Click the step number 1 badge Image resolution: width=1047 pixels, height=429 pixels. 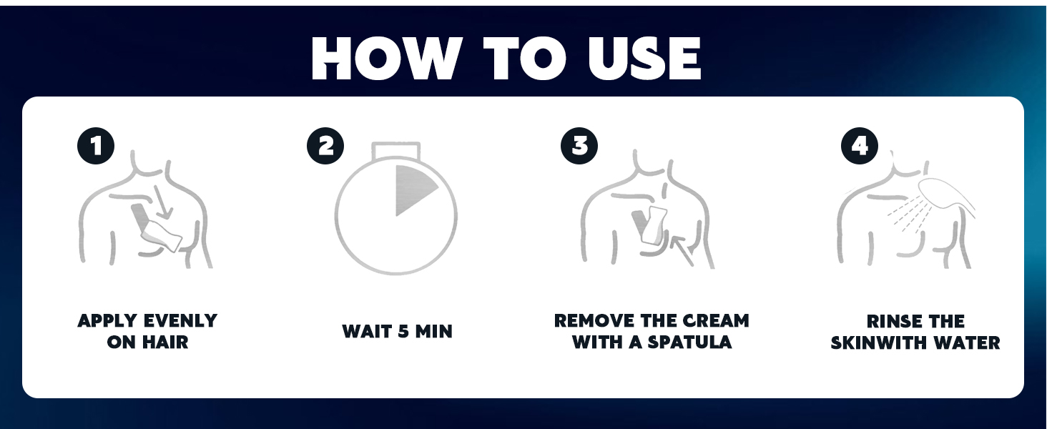click(x=96, y=147)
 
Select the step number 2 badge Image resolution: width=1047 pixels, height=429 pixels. click(x=325, y=147)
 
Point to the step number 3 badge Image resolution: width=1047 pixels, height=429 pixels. click(x=579, y=147)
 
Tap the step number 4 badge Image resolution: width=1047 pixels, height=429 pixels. click(x=860, y=147)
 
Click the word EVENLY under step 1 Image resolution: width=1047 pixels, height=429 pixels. click(x=180, y=320)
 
